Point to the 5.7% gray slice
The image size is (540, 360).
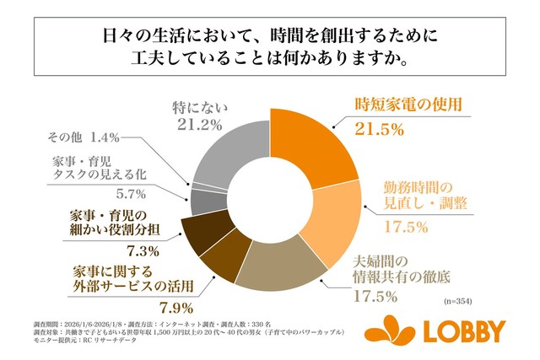coord(202,201)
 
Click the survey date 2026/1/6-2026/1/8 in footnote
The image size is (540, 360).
coord(85,324)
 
